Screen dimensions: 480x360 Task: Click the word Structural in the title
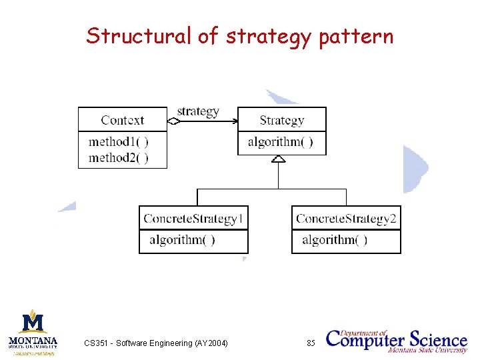point(139,35)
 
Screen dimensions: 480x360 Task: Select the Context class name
point(122,120)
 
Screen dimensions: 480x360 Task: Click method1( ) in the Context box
point(118,141)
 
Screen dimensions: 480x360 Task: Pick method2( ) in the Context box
point(118,157)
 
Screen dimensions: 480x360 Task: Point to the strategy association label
point(198,111)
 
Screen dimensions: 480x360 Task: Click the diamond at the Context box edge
point(173,121)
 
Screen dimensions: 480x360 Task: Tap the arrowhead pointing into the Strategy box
point(234,121)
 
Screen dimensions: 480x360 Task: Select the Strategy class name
point(281,120)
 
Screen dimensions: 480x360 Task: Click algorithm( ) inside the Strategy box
point(280,142)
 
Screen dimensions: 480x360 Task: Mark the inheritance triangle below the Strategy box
point(278,159)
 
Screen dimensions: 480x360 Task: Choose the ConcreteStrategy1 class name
point(193,218)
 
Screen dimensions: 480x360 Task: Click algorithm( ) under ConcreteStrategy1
point(182,240)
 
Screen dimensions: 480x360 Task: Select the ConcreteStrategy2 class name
point(346,218)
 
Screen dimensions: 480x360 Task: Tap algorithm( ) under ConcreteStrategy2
point(335,240)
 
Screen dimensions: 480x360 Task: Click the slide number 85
point(311,343)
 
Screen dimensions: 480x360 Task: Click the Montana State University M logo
point(33,323)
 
